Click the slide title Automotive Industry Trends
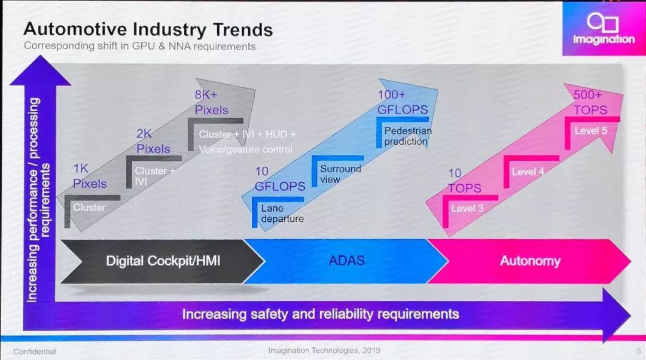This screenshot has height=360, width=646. point(148,29)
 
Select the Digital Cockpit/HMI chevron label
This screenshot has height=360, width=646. point(163,261)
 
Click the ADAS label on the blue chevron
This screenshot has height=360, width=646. point(346,260)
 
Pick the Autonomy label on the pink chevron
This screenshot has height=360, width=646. point(530,261)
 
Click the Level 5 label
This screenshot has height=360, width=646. point(590,130)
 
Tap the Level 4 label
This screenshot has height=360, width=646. point(528,172)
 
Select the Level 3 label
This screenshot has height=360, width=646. point(467,209)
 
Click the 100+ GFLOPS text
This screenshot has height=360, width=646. point(402,102)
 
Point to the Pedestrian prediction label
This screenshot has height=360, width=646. point(407,136)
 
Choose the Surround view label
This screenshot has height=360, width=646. point(340,174)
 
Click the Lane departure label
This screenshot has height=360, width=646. point(282,213)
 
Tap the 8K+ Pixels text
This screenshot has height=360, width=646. point(211,102)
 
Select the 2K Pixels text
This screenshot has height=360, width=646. point(153,141)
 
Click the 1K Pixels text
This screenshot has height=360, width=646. point(90,176)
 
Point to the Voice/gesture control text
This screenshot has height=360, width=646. point(245,150)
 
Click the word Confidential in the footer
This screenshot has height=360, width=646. point(35,351)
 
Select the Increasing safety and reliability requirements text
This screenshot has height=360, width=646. point(321,314)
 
